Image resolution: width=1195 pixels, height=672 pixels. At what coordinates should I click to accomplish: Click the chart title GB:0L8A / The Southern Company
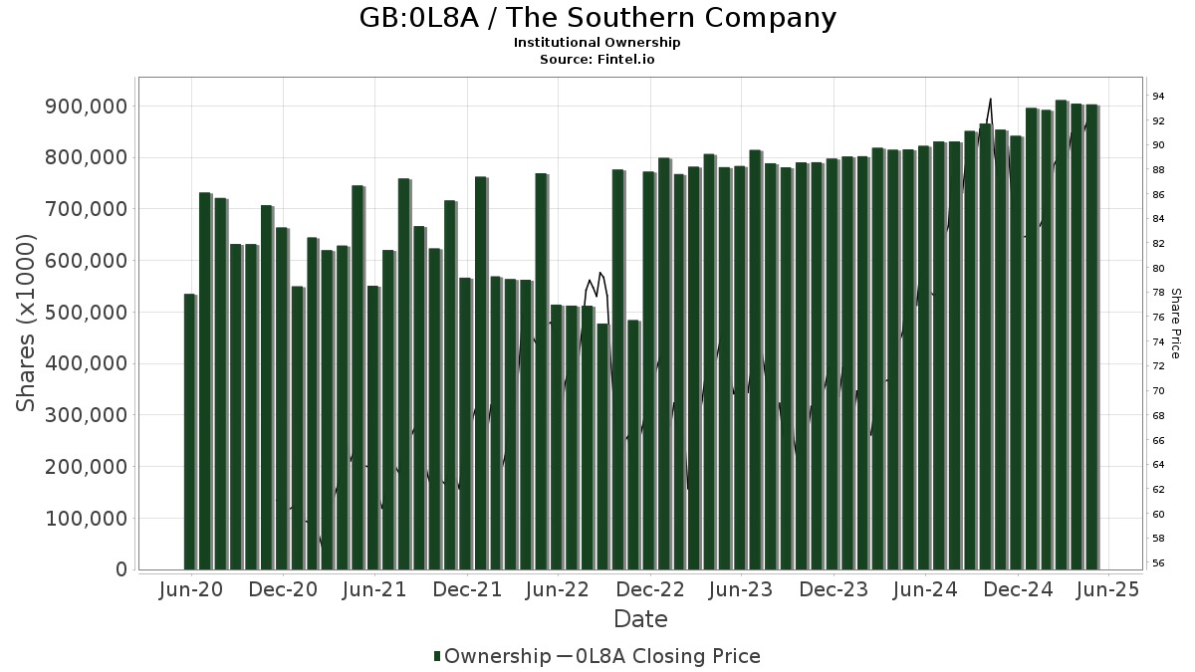[x=597, y=18]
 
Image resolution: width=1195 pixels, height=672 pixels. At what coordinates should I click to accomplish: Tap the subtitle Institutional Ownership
[x=597, y=43]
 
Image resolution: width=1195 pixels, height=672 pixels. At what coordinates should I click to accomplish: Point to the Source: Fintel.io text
[x=597, y=59]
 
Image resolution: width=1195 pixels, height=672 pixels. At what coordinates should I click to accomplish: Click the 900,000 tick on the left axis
[x=87, y=107]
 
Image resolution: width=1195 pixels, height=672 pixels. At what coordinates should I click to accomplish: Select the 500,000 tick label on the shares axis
[x=87, y=313]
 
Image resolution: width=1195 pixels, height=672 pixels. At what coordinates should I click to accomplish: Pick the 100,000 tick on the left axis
[x=87, y=519]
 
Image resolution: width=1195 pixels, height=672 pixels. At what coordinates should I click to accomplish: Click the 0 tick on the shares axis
[x=121, y=570]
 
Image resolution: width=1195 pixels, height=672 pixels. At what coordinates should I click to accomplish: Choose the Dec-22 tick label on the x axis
[x=649, y=590]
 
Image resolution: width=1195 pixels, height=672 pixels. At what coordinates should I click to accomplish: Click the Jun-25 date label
[x=1108, y=590]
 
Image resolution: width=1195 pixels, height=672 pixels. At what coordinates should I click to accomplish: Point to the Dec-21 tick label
[x=466, y=590]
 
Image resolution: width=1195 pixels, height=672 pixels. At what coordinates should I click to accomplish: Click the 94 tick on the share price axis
[x=1158, y=97]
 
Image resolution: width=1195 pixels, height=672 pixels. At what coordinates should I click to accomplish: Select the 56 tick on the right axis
[x=1158, y=563]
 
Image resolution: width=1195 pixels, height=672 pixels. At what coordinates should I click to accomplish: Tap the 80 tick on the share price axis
[x=1158, y=269]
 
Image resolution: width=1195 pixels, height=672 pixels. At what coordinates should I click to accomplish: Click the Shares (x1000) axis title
[x=27, y=323]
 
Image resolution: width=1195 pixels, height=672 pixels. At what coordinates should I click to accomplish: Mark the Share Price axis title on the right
[x=1175, y=323]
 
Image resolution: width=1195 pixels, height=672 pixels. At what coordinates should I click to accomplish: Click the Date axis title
[x=640, y=619]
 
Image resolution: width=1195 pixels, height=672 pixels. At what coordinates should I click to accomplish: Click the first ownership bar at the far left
[x=189, y=432]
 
